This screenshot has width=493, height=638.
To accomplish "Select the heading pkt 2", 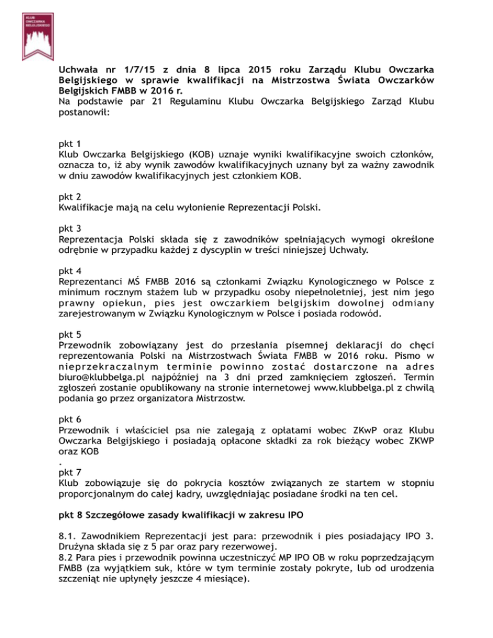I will pos(67,196).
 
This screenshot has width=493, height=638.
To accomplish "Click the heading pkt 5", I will pos(67,334).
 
